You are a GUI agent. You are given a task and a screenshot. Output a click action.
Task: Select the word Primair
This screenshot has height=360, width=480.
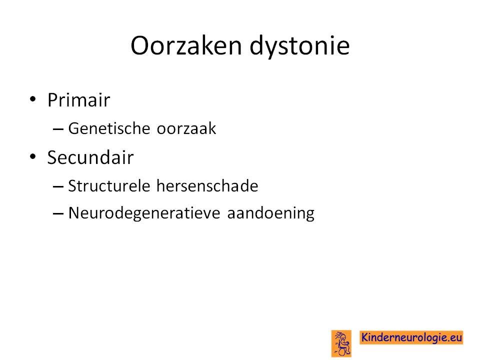tap(78, 100)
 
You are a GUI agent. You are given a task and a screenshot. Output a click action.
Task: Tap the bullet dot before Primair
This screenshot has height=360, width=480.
tap(33, 99)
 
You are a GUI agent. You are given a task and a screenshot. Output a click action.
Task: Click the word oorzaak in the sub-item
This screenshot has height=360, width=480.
tap(186, 129)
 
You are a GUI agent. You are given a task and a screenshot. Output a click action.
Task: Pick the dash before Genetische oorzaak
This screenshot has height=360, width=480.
tap(58, 129)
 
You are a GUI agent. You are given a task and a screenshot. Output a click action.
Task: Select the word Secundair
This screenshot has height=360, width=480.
tap(90, 157)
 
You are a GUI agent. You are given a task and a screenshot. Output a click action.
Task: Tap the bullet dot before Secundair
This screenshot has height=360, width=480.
tap(33, 156)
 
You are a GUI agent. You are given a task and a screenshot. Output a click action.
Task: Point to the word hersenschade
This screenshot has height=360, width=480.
tap(207, 186)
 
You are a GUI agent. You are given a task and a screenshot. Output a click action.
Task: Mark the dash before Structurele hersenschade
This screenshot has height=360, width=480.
tap(58, 186)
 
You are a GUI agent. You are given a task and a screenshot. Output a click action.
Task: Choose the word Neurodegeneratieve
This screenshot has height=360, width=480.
tap(144, 213)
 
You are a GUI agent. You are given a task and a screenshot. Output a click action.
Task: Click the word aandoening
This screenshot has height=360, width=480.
tap(270, 213)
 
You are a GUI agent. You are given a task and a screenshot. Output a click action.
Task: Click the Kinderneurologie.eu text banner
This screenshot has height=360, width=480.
tap(411, 337)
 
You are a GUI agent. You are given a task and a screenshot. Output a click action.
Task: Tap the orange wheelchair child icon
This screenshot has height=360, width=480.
tap(341, 343)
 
